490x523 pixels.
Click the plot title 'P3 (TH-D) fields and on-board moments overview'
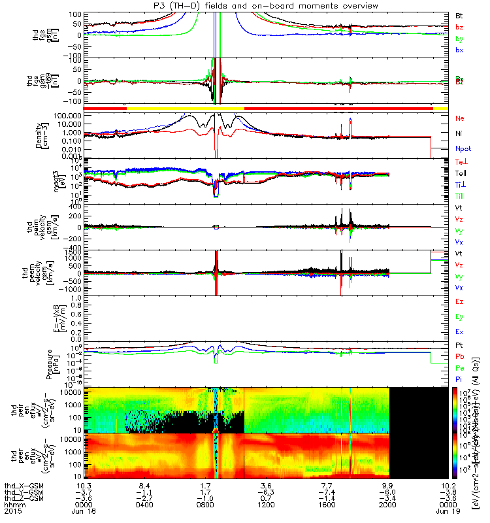[244, 6]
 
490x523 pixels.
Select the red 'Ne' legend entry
[459, 118]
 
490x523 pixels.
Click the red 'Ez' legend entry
[459, 301]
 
